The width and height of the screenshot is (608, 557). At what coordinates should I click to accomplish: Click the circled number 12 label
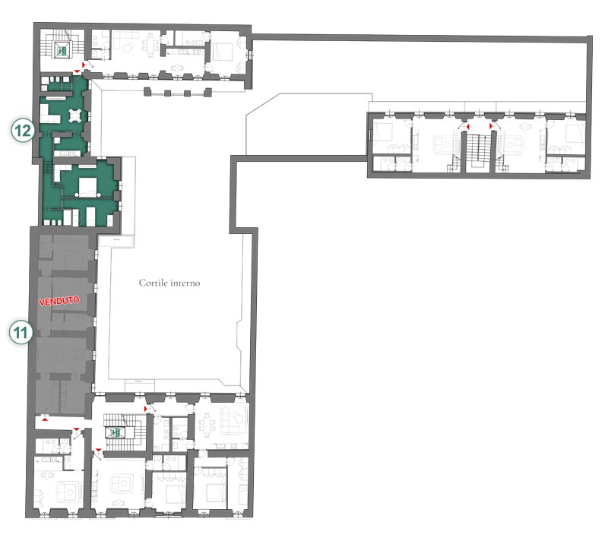tap(23, 130)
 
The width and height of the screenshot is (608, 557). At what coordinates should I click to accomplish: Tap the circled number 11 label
tap(21, 332)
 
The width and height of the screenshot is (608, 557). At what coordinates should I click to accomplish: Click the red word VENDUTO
tap(59, 301)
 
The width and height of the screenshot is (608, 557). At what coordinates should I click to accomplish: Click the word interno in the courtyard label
tap(185, 283)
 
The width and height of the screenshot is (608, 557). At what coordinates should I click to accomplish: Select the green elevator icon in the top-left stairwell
tap(62, 49)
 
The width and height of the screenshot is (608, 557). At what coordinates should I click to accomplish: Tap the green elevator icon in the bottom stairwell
tap(115, 432)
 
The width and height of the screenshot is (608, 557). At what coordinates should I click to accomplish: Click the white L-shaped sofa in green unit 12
tap(49, 112)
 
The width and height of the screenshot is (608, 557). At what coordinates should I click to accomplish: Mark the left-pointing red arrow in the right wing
tap(468, 127)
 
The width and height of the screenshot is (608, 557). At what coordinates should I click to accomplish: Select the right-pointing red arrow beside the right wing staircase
tap(491, 126)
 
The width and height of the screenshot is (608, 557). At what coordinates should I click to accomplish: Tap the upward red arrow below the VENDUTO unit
tap(45, 419)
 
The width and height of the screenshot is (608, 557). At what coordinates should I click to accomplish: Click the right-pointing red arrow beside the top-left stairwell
tap(84, 64)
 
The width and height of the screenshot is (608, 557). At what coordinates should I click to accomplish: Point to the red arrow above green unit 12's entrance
tap(78, 71)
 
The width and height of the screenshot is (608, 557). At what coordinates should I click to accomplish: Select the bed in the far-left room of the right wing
tap(384, 133)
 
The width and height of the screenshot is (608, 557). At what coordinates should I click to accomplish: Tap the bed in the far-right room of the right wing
tap(575, 134)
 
